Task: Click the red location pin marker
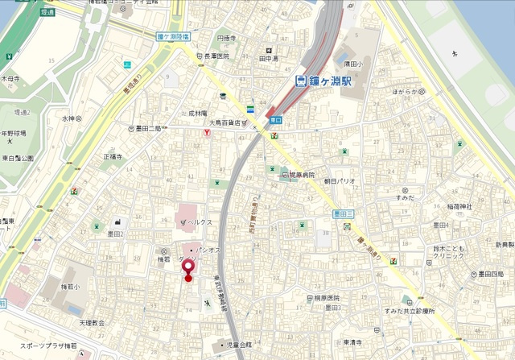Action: click(188, 268)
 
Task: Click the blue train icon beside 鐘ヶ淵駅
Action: click(299, 81)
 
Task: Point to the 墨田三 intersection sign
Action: click(344, 214)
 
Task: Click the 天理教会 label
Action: click(92, 322)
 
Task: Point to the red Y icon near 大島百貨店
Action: click(207, 133)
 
